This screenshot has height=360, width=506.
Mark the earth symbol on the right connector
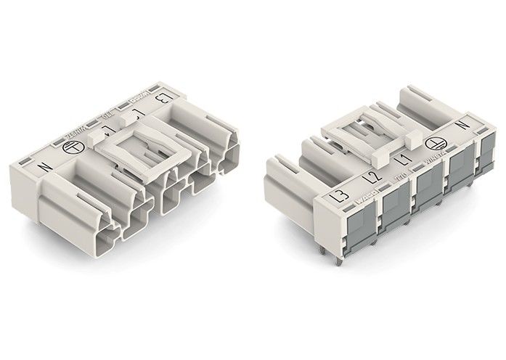click(434, 145)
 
